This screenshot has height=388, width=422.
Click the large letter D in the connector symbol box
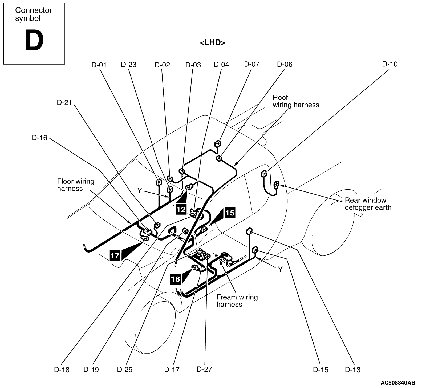(x=34, y=41)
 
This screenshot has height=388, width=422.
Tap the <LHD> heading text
(x=213, y=43)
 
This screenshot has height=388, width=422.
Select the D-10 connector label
(x=390, y=64)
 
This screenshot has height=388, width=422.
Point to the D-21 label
(x=64, y=102)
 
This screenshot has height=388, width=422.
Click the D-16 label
(x=39, y=138)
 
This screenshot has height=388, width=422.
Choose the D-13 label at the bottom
(x=352, y=370)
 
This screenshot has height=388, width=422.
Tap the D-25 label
(x=125, y=370)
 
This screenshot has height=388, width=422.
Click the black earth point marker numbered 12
(x=181, y=209)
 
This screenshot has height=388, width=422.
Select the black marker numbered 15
(x=230, y=213)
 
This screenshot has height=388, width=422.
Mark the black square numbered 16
(x=175, y=279)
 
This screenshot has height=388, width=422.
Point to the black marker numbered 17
(x=115, y=255)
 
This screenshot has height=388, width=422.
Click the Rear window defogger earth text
(x=368, y=204)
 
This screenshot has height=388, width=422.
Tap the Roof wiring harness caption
(x=296, y=101)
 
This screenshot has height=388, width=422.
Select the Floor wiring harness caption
(x=76, y=185)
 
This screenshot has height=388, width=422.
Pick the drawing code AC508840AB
(x=398, y=383)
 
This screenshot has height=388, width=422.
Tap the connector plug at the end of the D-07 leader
(x=218, y=144)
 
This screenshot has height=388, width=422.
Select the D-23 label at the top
(x=128, y=65)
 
